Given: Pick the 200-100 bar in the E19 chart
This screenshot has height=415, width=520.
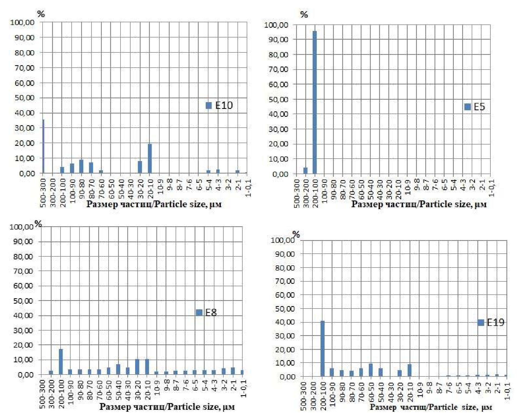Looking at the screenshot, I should pos(322,349).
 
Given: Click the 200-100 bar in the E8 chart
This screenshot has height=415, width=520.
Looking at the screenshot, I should pos(61,362).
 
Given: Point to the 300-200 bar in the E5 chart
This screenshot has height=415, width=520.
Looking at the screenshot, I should pos(305,171).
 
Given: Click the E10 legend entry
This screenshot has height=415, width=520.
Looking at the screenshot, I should pos(219,105).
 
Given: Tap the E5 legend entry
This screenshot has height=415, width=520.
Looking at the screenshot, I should pos(475,107).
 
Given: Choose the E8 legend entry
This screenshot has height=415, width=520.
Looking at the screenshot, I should pos(207,313).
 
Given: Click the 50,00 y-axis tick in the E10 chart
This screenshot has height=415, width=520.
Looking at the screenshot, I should pos(24,98).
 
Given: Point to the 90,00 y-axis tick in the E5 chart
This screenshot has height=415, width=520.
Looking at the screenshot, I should pos(278,40).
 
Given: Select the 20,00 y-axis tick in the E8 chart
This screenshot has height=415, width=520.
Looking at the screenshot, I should pos(23,345).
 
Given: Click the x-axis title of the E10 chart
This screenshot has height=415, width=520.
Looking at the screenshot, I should pos(154,204).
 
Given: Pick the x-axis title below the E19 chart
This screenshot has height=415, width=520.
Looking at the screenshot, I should pos(431,407).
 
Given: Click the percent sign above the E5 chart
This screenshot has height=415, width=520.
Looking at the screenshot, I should pos(304,14).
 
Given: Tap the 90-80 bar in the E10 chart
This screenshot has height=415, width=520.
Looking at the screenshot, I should pos(81,166).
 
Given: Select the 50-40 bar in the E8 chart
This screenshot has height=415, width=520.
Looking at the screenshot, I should pos(118,369).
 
